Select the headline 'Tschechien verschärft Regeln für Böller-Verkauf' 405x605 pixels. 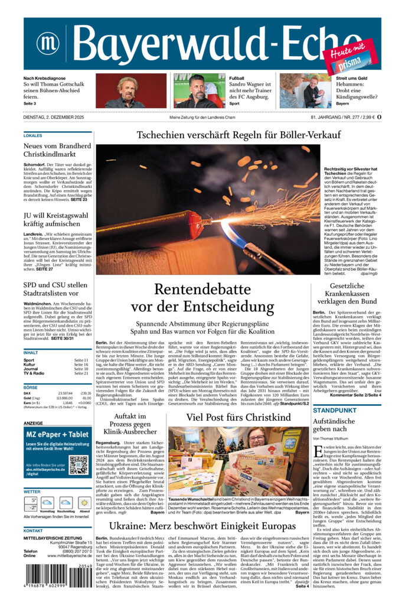[239, 135]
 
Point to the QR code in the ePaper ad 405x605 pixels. [78, 465]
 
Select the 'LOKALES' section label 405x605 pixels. [33, 135]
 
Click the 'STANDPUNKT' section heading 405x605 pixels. [335, 410]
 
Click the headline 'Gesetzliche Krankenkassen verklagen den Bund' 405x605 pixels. [345, 294]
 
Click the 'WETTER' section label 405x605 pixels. [32, 492]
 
